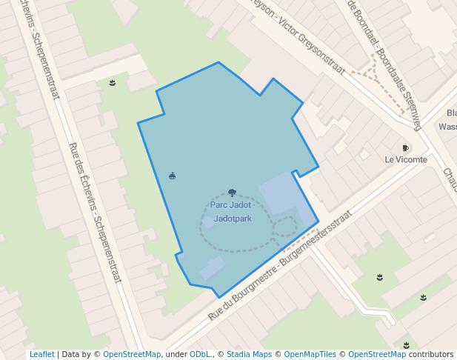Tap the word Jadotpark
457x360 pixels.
pos(232,219)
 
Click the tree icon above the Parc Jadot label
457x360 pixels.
pos(232,193)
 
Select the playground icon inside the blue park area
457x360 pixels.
pos(173,176)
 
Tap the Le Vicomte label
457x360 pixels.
pos(405,159)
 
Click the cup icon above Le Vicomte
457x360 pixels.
pos(405,148)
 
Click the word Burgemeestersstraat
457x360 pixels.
pos(313,241)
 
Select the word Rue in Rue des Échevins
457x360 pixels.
pos(74,150)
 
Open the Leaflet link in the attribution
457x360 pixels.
pos(41,355)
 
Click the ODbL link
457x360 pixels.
pos(199,355)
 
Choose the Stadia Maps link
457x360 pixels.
pos(249,355)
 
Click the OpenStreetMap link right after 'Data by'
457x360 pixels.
pos(132,355)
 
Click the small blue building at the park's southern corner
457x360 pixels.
pos(212,268)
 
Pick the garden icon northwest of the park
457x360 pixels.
pos(113,83)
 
